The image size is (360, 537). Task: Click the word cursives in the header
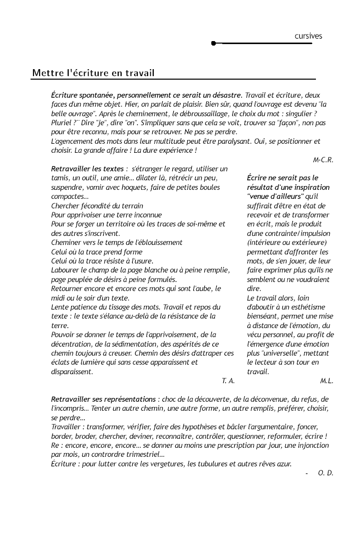(308, 36)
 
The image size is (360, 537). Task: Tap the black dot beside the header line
(214, 44)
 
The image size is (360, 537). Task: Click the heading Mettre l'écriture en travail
(93, 73)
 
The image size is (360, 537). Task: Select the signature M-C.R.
(323, 160)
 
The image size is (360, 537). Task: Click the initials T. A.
(228, 381)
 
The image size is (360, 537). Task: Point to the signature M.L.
(326, 381)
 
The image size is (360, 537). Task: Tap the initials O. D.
(325, 473)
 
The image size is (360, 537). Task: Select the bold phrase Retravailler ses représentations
(104, 399)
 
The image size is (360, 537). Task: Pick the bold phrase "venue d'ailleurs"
(275, 196)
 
